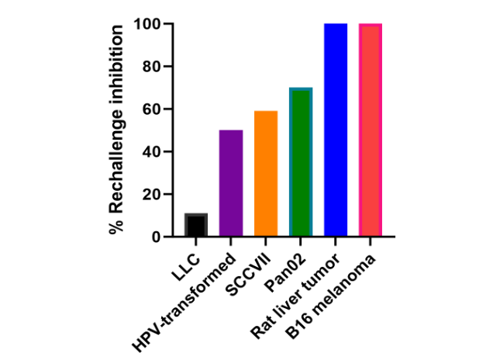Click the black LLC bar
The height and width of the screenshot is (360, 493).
pos(195,224)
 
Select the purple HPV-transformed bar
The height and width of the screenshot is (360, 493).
pos(231,183)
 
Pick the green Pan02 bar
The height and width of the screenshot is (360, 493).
pos(301,162)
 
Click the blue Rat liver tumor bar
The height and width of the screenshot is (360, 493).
pos(336,130)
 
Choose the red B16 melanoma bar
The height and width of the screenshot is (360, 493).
pos(371,130)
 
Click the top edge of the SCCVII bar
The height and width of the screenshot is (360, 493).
pos(266,112)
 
